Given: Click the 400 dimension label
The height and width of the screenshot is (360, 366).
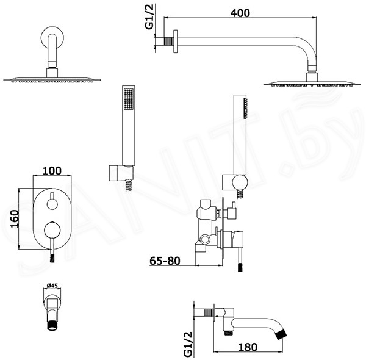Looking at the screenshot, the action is [x=240, y=13].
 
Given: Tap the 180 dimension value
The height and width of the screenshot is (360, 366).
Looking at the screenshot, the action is [x=248, y=347].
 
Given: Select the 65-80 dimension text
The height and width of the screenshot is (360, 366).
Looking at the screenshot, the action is [x=165, y=261].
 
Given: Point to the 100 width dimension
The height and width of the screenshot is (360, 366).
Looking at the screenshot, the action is [x=52, y=171].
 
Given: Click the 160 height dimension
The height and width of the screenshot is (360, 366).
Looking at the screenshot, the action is [x=15, y=219].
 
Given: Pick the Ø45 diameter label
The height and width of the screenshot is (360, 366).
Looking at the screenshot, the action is [x=52, y=286].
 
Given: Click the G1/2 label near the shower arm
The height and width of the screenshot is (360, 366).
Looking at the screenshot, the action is [x=149, y=17].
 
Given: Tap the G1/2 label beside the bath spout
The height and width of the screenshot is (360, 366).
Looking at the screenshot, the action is [x=188, y=344].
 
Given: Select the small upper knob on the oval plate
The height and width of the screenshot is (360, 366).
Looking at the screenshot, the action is [x=52, y=204].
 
